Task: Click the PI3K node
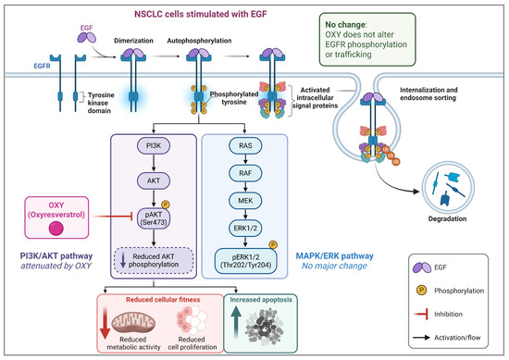154,145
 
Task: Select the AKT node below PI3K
154,180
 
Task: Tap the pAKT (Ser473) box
154,218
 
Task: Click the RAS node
245,145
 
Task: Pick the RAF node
245,173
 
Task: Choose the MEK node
245,201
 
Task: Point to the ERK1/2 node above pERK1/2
245,228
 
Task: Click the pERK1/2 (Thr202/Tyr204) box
245,261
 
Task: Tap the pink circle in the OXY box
56,228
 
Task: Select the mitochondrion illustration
133,322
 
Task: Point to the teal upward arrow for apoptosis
236,322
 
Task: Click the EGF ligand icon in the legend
422,267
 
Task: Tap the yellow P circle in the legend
421,290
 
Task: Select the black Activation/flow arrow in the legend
421,338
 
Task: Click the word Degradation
447,218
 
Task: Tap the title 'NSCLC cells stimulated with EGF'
201,14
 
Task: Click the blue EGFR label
43,66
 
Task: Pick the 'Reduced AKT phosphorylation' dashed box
154,261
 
